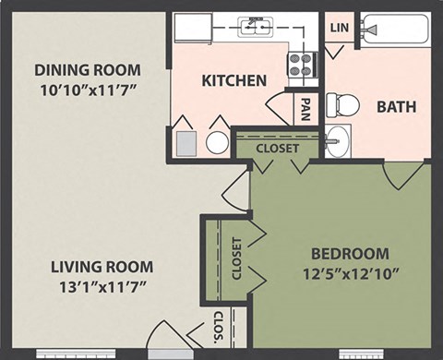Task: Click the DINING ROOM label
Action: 87,69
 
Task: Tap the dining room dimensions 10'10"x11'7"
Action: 87,90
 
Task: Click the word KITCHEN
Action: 233,80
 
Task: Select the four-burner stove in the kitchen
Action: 302,64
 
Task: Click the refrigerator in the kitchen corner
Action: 193,27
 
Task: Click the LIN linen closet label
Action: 338,28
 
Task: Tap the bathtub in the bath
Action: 395,30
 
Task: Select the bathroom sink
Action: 337,142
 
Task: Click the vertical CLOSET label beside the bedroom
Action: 236,259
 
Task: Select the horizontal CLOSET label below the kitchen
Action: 277,147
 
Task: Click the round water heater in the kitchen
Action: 218,142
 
